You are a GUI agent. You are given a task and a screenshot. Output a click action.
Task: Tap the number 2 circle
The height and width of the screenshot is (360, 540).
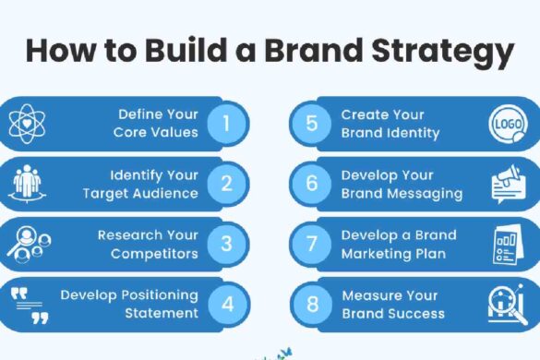coord(226,184)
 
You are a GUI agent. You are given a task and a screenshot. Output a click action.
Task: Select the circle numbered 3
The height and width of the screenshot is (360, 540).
coord(226,244)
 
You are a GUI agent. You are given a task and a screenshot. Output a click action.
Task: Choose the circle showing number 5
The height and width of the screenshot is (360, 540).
coord(312,124)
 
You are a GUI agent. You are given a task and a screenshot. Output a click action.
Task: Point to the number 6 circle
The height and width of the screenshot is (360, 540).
coord(312,184)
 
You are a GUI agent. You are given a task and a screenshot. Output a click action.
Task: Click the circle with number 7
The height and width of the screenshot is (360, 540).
coord(312,244)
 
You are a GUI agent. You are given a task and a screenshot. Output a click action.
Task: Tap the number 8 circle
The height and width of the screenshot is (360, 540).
coord(312,304)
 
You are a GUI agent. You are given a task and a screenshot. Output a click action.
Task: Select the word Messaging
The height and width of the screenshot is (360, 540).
coord(427,193)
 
